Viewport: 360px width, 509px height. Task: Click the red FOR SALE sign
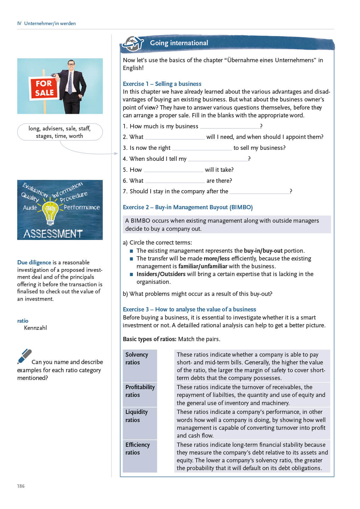coord(44,88)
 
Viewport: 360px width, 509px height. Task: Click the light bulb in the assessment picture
coord(50,213)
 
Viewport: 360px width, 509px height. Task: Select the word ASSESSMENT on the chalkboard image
coord(53,234)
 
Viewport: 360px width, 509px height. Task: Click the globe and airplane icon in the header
coord(133,44)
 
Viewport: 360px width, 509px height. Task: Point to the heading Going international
coord(179,43)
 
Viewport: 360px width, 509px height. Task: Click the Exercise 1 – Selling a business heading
coord(162,84)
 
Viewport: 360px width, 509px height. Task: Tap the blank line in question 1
coord(230,127)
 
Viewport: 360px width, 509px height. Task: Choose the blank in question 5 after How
coord(173,170)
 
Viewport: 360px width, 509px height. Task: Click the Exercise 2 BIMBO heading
coord(187,207)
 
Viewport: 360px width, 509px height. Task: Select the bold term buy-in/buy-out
coord(263,251)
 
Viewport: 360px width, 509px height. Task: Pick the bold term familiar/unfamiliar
coord(203,266)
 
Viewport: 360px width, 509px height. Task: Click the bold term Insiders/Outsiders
coord(161,274)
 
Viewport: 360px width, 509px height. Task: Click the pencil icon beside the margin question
coord(24,356)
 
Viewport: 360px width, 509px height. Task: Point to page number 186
coord(21,486)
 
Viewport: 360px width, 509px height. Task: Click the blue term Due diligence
coord(34,262)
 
